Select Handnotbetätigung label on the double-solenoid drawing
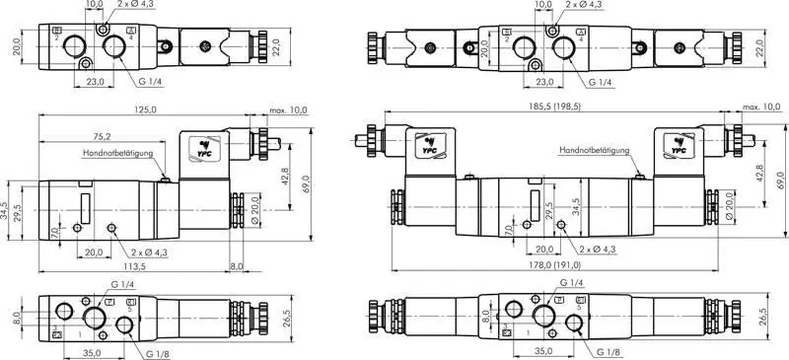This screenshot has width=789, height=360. pos(594,150)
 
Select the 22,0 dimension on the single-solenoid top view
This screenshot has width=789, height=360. pos(277,46)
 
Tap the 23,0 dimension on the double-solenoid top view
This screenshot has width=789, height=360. pos(543,82)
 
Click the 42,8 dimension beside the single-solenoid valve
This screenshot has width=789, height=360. pos(284,176)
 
